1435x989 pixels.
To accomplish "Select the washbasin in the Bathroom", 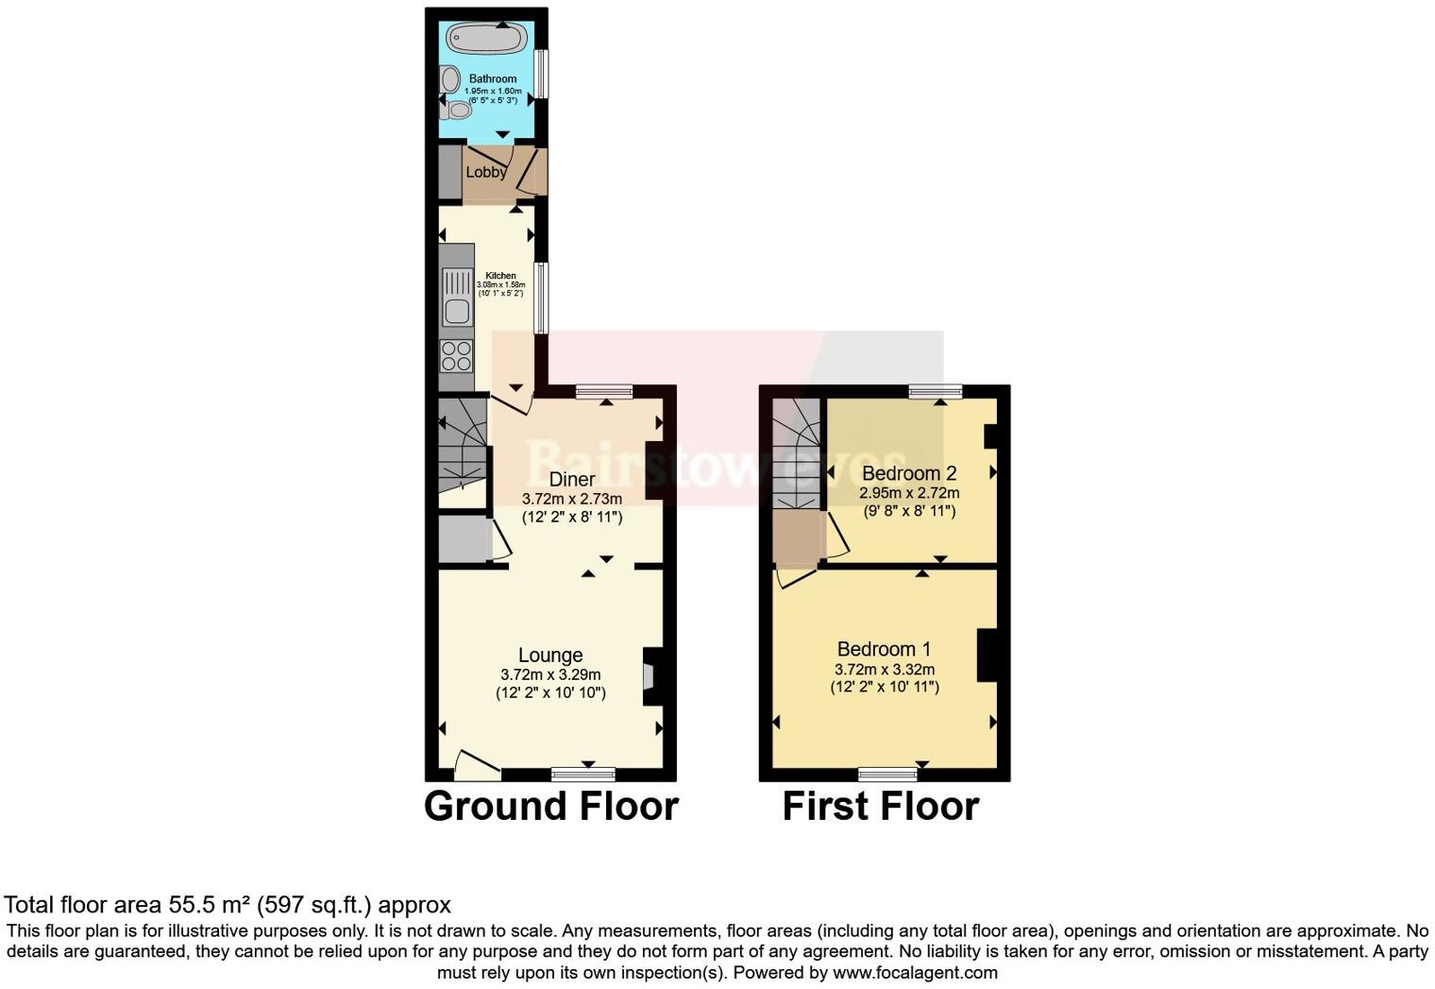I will pos(448,78).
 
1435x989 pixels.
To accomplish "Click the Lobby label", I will pos(486,172).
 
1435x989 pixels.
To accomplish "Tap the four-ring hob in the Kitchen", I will pos(457,356).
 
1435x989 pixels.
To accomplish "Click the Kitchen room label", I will pos(500,276).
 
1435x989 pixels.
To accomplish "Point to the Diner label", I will pos(572,479).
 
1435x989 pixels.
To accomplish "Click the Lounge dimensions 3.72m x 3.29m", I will pos(550,674).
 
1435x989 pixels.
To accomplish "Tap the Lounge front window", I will pos(583,775).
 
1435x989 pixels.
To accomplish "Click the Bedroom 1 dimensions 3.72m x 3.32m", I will pos(885,669).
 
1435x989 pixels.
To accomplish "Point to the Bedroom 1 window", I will pos(887,775).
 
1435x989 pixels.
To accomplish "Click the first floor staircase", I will pos(796,453).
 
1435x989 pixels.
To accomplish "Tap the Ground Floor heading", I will pos(551,806).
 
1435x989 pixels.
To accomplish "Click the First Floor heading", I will pos(881,806).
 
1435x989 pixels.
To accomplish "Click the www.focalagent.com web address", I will pos(915,972).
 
